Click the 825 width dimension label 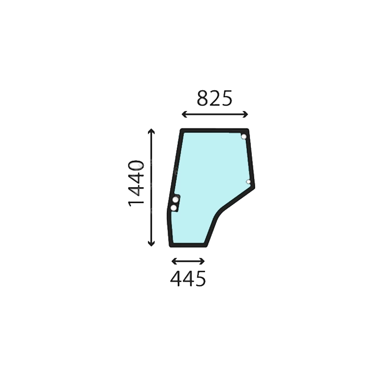pos(215,98)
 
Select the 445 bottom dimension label pos(188,278)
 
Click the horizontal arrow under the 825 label pos(215,114)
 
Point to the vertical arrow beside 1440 pos(151,187)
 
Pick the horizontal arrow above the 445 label pos(188,261)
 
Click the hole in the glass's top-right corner pos(244,137)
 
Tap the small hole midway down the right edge pos(249,181)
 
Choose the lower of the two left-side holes pos(174,208)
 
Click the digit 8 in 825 pos(202,98)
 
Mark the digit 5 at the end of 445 pos(200,278)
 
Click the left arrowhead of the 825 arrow pos(183,114)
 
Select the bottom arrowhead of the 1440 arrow pos(151,245)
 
